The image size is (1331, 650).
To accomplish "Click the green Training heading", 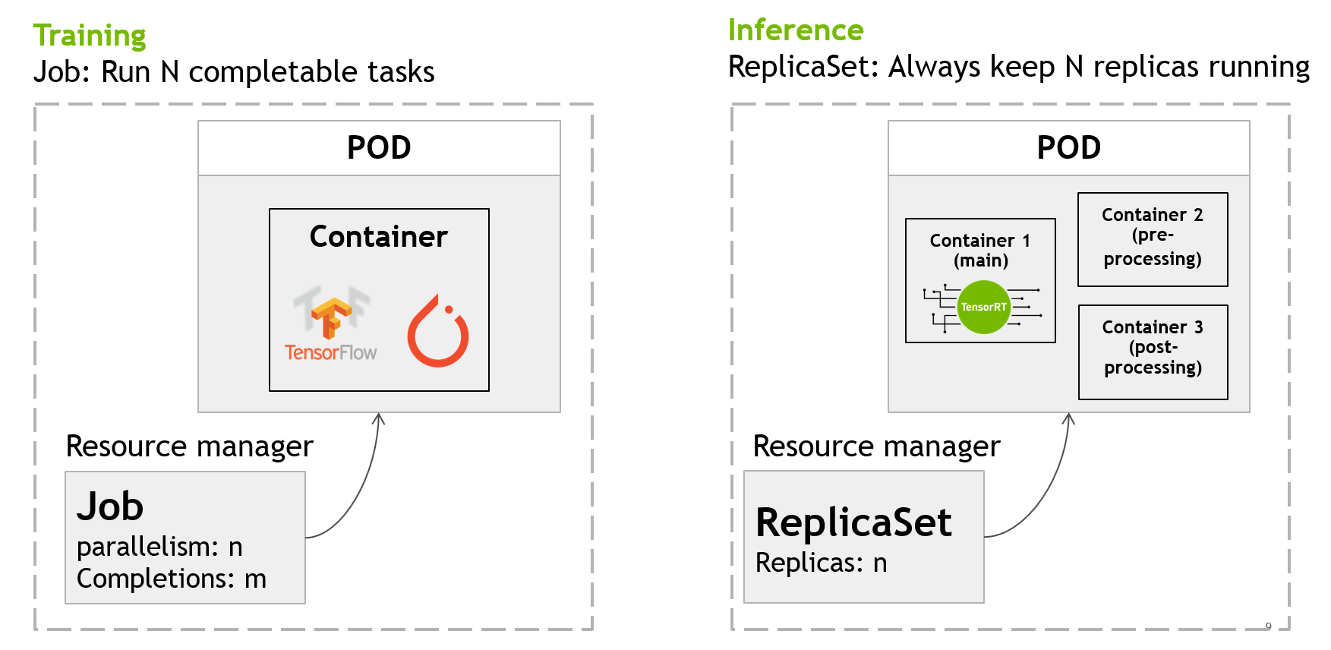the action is coord(90,36).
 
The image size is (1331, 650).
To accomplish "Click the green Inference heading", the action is coord(796,30).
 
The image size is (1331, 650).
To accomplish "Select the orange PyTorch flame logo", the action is coord(438,330).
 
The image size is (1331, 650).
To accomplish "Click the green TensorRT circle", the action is coord(983,307).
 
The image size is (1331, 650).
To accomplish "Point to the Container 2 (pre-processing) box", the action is coord(1153,239).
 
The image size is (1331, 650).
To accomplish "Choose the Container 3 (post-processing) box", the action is coord(1153,352).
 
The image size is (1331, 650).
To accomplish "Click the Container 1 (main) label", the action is coord(980,251).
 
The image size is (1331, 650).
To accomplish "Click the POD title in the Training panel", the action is coord(379,147).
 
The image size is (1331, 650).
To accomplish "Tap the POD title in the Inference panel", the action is coord(1069,147).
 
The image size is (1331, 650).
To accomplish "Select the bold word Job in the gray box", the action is coord(110,506).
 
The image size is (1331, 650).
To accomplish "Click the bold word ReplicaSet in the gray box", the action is coord(853,522).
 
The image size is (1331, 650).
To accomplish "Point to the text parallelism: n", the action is coord(159,547).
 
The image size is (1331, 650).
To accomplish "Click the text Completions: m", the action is coord(172,579).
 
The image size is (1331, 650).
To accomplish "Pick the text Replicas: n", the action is coord(822,563).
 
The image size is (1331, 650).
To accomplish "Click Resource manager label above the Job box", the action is coord(190,446).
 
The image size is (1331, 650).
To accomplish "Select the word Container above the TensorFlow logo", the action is coord(379,237).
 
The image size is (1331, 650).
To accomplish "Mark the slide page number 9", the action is coord(1268,626).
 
